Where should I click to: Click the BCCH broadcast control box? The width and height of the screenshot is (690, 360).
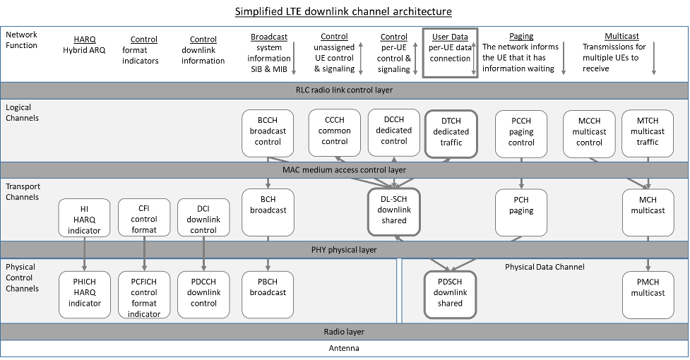tap(268, 132)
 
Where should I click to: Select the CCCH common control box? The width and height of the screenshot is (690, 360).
tap(334, 132)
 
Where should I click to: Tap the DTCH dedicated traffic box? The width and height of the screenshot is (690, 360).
tap(451, 132)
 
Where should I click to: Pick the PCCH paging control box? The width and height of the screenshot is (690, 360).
tap(521, 132)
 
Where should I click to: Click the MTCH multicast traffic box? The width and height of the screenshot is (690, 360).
tap(648, 132)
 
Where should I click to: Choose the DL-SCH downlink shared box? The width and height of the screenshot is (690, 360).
tap(393, 210)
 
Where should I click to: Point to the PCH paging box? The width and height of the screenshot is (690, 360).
tap(521, 210)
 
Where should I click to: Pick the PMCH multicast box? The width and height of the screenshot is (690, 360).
tap(648, 293)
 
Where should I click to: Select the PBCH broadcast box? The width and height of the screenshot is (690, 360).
tap(268, 293)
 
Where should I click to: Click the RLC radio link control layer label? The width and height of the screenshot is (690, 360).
tap(344, 90)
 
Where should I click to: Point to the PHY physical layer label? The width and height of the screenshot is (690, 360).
tap(344, 250)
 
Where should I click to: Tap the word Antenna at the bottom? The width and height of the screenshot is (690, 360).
tap(344, 349)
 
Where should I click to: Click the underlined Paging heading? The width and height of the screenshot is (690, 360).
tap(521, 37)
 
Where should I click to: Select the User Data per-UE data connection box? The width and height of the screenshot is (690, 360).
tap(450, 52)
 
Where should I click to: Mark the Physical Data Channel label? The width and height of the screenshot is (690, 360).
tap(544, 267)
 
